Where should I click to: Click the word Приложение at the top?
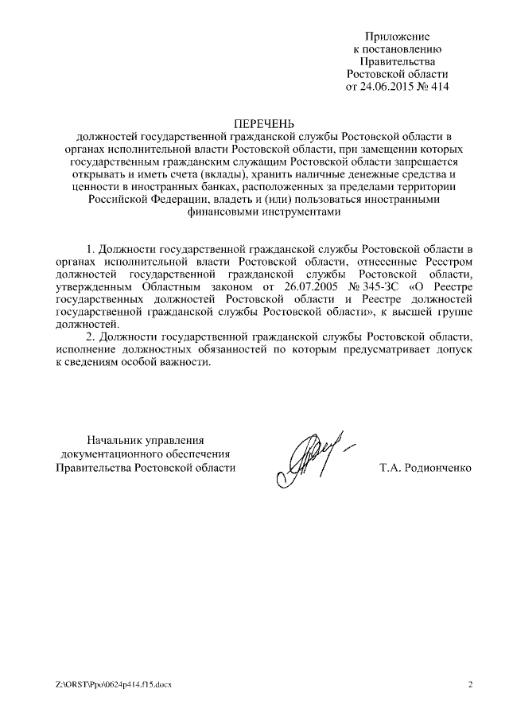(398, 36)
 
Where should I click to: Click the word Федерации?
(180, 200)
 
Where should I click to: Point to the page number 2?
(470, 684)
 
